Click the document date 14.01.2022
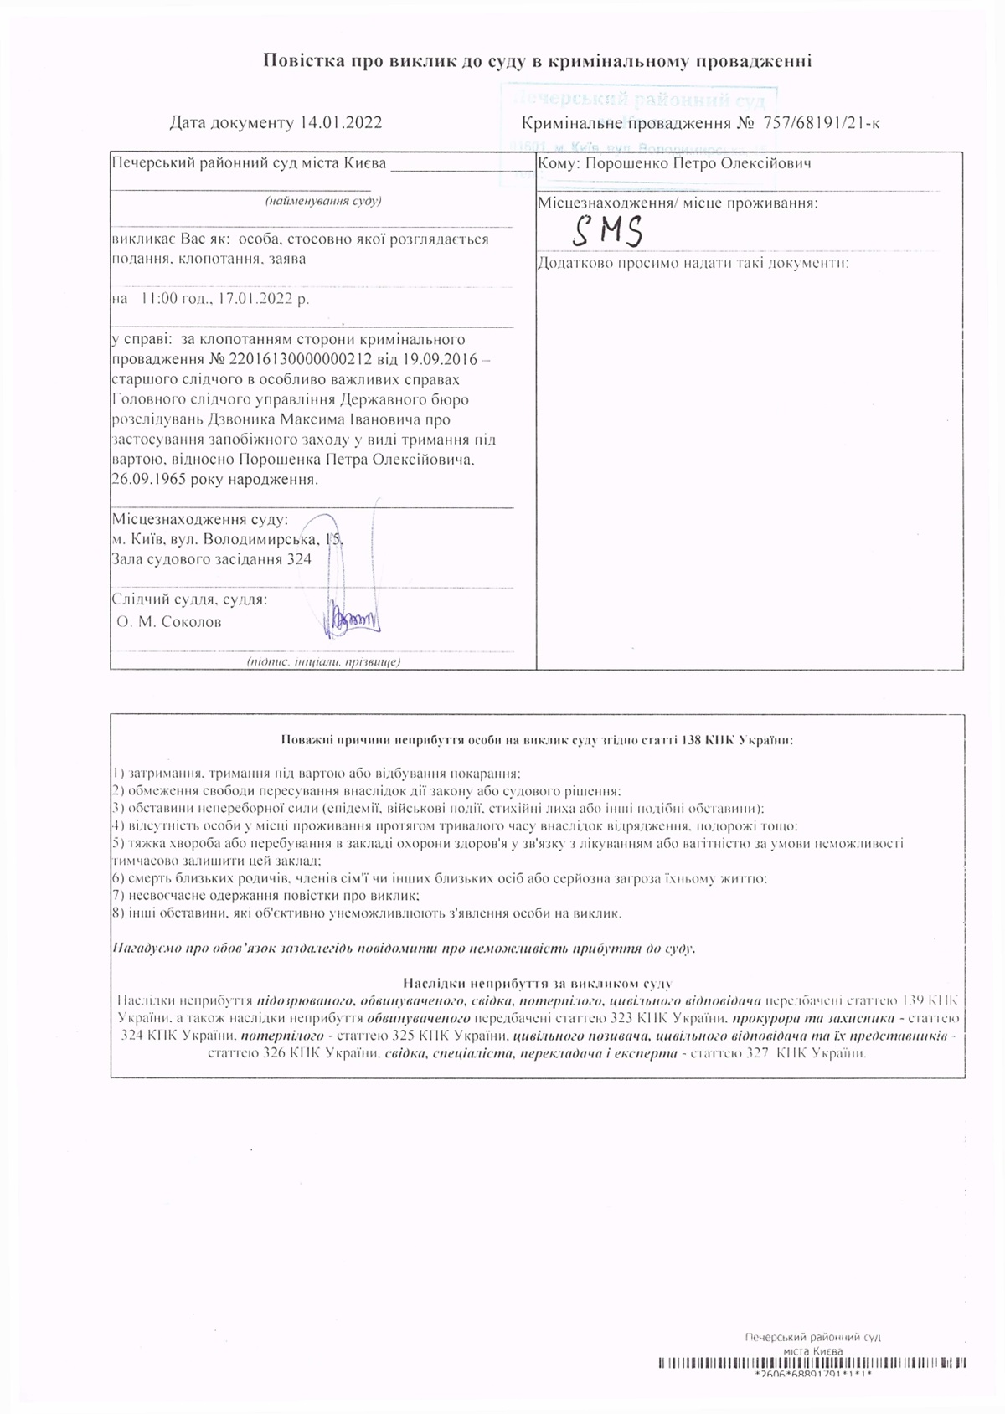coord(340,123)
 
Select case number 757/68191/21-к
coord(821,124)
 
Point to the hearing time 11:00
coord(159,299)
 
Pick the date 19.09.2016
coord(441,358)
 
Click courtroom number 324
coord(299,558)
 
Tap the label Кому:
coord(559,163)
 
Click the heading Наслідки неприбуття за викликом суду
coord(537,983)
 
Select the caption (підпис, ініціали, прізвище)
coord(323,662)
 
